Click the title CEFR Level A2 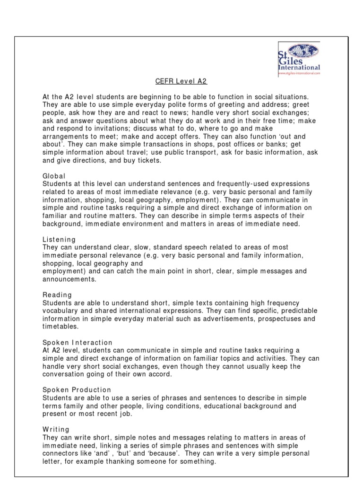pyautogui.click(x=181, y=81)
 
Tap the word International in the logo pyautogui.click(x=299, y=68)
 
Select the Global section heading pyautogui.click(x=53, y=176)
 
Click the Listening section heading pyautogui.click(x=59, y=240)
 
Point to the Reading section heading pyautogui.click(x=57, y=295)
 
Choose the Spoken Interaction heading pyautogui.click(x=78, y=342)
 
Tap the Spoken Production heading pyautogui.click(x=77, y=390)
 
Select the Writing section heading pyautogui.click(x=56, y=430)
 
